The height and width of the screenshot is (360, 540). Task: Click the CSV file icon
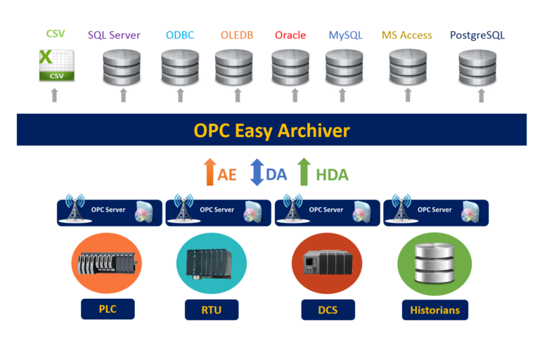click(x=56, y=65)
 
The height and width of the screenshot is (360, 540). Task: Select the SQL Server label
click(x=114, y=34)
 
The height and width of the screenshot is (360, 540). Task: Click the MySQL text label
click(x=345, y=34)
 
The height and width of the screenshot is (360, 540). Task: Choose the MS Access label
click(x=406, y=34)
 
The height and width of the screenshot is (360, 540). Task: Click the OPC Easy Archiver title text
click(x=271, y=130)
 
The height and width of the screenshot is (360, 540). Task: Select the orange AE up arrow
click(x=209, y=172)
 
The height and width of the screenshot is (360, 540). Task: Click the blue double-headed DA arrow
click(x=257, y=172)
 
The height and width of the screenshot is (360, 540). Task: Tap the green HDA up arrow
click(x=304, y=172)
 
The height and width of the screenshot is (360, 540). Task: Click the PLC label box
click(x=107, y=309)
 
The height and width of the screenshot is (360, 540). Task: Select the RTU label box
click(x=211, y=309)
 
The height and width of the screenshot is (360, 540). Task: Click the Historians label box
click(x=435, y=309)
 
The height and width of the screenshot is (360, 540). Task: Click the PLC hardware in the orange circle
click(x=106, y=264)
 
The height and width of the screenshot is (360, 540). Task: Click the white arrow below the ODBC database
click(x=180, y=96)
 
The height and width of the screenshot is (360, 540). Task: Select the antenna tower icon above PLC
click(x=75, y=210)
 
